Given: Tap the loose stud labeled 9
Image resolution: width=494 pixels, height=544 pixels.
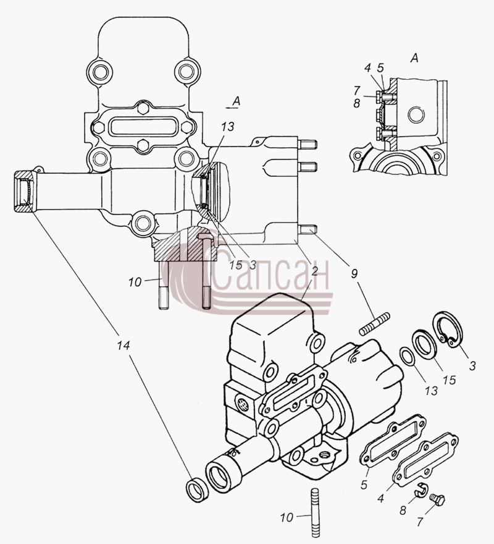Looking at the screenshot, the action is click(375, 324).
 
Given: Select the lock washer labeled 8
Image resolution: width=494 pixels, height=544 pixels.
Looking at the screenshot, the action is click(422, 490).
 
